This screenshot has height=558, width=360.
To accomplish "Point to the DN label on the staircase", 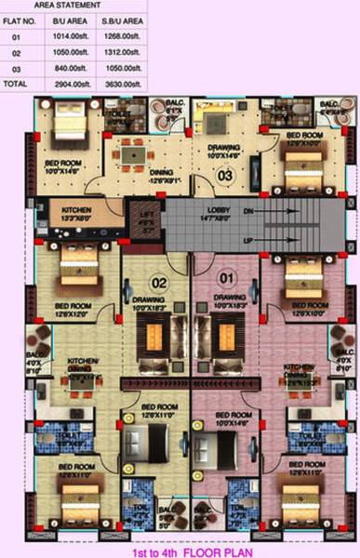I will point(247,211).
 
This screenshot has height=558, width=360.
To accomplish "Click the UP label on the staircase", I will point(247,241).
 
